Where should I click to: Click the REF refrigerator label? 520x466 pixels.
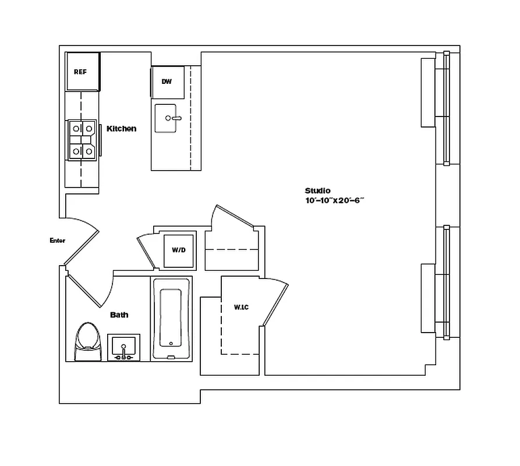coord(80,72)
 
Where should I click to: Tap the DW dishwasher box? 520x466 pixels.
coord(167,82)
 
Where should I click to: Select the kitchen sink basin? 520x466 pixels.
coord(168,119)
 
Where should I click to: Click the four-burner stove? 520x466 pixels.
coord(82,140)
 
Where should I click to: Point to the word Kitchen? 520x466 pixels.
coord(121,129)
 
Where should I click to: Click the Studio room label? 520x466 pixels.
coord(317,190)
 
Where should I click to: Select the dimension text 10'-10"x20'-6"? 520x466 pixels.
coord(334,200)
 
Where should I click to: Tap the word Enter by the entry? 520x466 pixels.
coord(58,241)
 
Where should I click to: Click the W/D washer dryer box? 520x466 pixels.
coord(178,250)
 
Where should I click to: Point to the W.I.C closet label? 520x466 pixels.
coord(241,307)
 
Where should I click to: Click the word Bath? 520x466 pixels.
coord(119,315)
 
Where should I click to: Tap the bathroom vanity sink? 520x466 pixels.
coord(123,348)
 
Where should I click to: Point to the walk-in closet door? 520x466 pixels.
coord(275,303)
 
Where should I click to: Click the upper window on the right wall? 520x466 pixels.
coord(446,108)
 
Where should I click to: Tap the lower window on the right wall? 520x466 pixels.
coord(446,283)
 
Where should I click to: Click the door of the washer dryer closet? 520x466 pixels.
coord(146,251)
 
